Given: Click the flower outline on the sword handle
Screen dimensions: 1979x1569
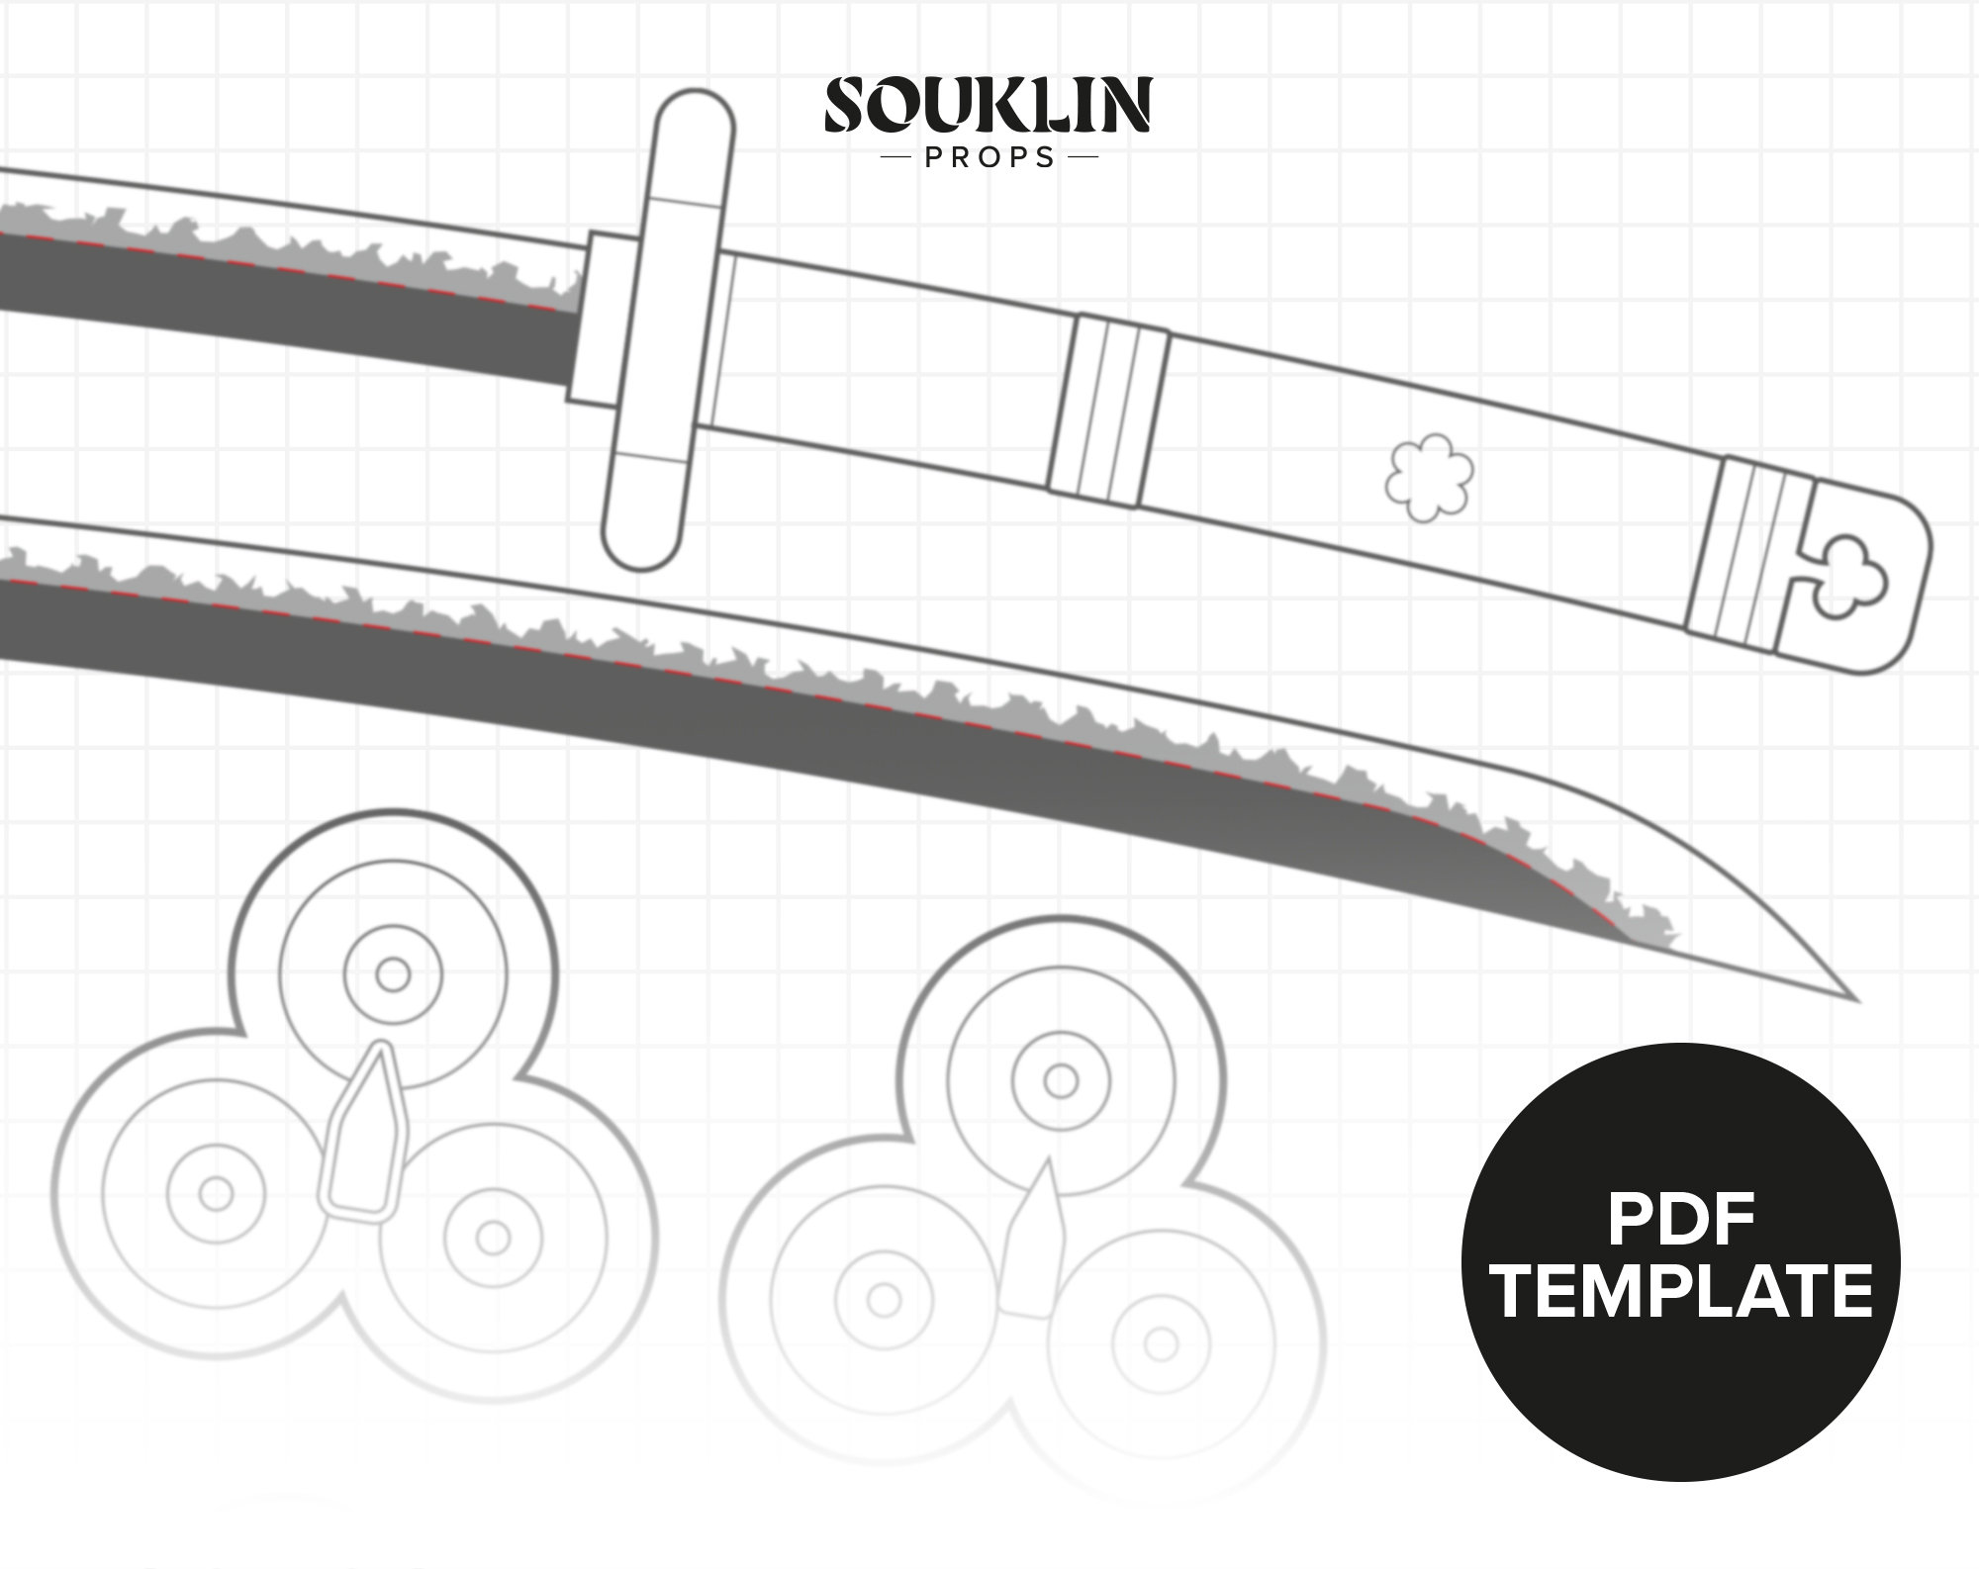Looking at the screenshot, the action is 1429,478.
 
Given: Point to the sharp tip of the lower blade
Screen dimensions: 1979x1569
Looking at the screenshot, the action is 1856,1000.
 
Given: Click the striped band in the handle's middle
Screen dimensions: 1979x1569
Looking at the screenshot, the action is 1109,410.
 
